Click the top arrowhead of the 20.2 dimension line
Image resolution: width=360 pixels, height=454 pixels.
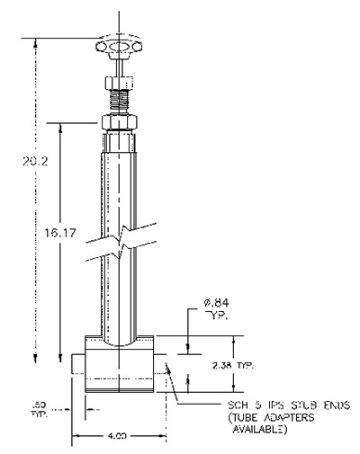tap(33, 43)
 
